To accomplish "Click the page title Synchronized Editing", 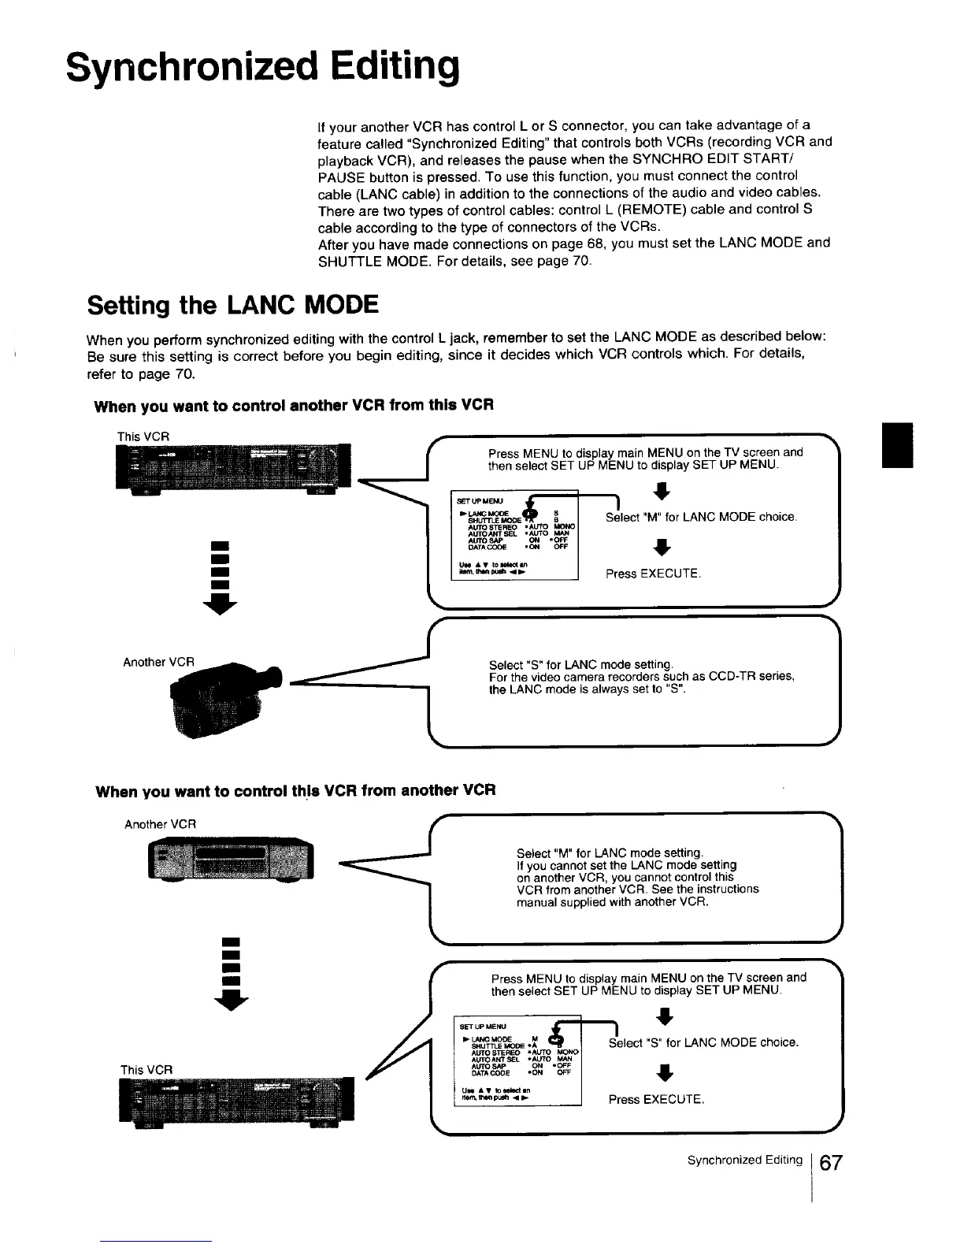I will (x=262, y=68).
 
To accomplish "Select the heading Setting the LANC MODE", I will (x=233, y=304).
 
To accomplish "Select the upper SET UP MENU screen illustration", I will (x=514, y=534).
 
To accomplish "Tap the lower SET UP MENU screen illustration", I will (x=518, y=1060).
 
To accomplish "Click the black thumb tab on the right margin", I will (x=897, y=445).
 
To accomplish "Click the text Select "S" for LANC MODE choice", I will (x=703, y=1042).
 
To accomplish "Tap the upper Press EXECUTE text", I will (x=652, y=574).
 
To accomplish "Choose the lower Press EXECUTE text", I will (x=655, y=1099).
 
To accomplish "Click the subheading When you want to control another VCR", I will (x=293, y=407).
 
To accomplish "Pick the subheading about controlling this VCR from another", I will (x=295, y=790).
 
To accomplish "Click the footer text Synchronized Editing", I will (x=744, y=1161).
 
